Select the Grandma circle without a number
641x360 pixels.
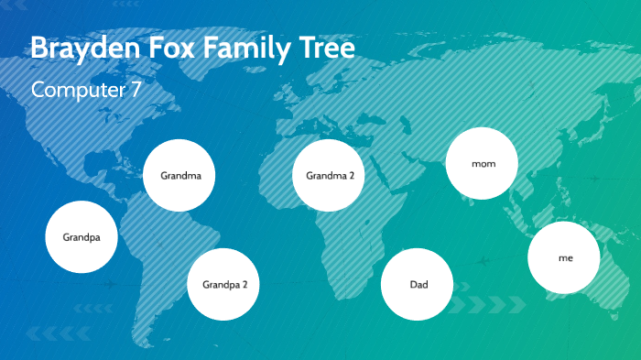point(180,175)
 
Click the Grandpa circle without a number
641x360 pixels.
point(82,237)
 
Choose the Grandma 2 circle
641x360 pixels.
point(330,175)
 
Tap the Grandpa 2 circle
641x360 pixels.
point(224,284)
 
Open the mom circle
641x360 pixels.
point(483,164)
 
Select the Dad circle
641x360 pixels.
point(418,284)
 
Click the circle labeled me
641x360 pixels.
point(564,258)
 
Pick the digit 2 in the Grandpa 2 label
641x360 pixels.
point(244,284)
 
